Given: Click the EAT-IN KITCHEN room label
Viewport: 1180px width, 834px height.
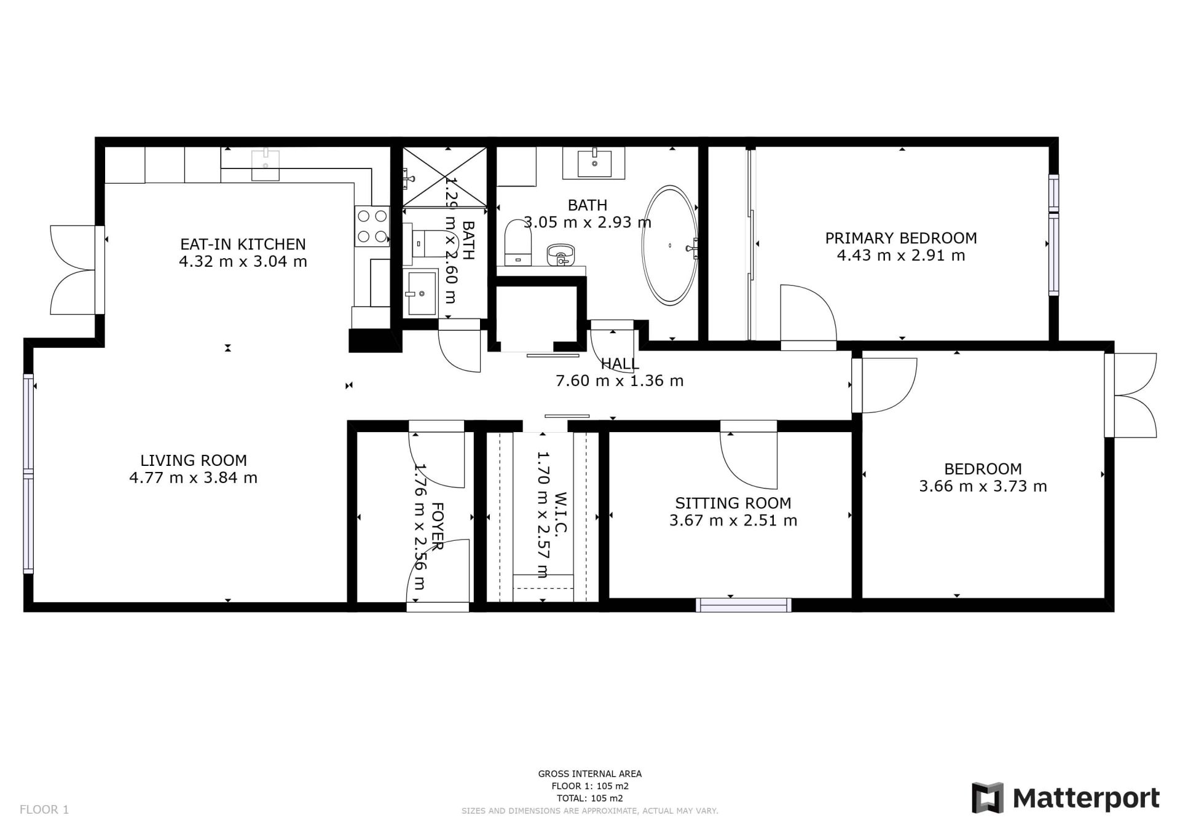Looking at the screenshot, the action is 243,244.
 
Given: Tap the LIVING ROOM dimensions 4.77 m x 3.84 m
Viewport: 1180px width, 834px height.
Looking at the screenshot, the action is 193,478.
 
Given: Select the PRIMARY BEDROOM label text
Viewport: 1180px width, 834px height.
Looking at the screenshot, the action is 900,238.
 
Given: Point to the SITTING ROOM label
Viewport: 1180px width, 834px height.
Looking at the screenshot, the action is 733,503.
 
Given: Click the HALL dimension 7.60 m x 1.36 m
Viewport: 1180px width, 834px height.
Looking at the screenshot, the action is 619,381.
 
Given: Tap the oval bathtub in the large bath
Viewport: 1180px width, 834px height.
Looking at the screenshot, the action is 670,245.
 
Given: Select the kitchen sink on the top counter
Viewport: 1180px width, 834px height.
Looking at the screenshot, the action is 265,165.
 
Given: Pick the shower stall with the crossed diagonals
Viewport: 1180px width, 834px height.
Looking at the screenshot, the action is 444,177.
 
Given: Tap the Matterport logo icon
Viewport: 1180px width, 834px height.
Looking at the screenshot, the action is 987,798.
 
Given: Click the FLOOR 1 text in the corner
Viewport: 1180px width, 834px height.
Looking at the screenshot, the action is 44,809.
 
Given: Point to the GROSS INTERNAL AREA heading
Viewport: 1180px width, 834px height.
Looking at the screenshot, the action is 590,774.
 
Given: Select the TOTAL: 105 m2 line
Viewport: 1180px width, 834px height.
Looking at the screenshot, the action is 590,798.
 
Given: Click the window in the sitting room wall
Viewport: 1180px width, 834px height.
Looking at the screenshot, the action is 744,605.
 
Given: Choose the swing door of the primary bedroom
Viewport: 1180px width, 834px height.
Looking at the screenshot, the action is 808,317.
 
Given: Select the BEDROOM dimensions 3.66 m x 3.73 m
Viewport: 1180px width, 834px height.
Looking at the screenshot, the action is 983,486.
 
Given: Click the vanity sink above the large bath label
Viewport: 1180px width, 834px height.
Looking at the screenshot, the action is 594,163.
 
